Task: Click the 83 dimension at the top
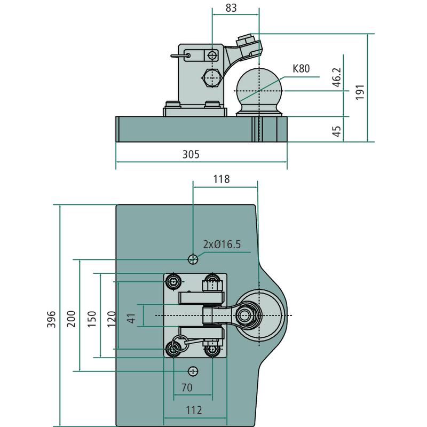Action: (x=231, y=8)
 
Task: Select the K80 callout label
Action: (x=301, y=68)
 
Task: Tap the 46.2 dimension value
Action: (x=336, y=77)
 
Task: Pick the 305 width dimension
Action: (x=191, y=155)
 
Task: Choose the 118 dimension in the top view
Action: (x=221, y=179)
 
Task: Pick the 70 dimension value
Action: (x=187, y=388)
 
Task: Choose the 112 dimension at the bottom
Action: (x=194, y=410)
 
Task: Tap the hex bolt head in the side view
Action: (x=212, y=78)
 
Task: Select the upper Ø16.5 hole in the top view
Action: (x=193, y=259)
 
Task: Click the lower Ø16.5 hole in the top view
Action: (x=193, y=371)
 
